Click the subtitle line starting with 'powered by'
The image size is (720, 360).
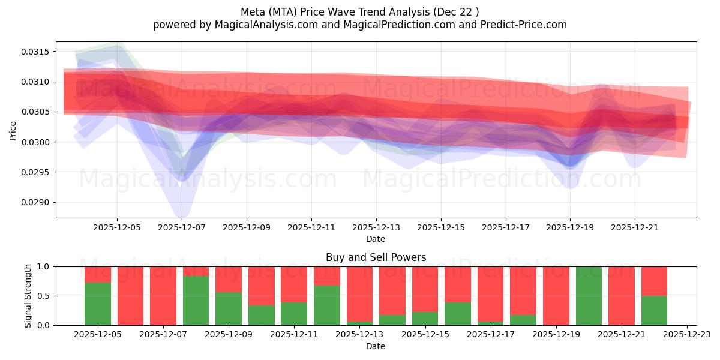point(359,25)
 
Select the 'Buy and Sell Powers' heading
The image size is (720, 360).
point(376,257)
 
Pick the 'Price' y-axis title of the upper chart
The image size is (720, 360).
point(13,130)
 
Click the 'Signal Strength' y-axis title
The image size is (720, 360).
point(28,296)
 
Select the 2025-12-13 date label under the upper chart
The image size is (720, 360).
point(376,228)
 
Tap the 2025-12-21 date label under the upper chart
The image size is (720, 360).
point(635,228)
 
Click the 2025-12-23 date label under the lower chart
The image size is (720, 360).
point(686,335)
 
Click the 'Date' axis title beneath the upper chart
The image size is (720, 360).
point(376,239)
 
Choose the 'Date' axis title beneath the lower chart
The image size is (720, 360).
point(376,346)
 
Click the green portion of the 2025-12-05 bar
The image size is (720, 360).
point(98,304)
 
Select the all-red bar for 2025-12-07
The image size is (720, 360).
point(163,296)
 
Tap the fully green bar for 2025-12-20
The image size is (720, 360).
point(589,296)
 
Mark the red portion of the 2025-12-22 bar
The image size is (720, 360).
point(654,281)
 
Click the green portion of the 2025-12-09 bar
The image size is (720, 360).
point(228,309)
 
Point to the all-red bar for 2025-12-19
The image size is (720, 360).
point(556,296)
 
